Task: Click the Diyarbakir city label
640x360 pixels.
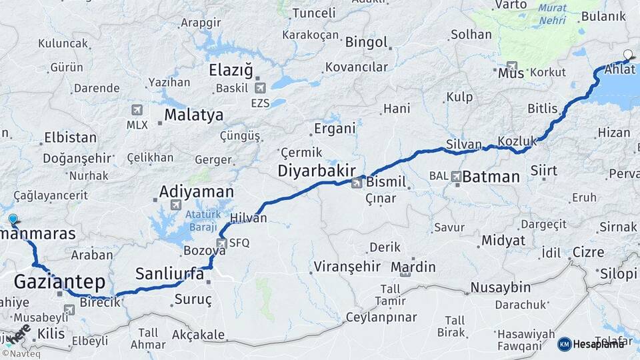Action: (x=316, y=171)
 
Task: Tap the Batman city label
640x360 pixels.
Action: (x=491, y=177)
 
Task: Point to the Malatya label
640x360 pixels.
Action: (x=193, y=115)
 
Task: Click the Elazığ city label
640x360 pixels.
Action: (x=231, y=70)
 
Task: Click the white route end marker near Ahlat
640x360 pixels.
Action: (x=627, y=55)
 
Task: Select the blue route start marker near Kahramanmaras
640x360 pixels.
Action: (x=13, y=219)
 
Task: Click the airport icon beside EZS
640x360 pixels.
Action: (x=260, y=87)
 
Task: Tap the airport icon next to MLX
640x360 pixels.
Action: (x=137, y=109)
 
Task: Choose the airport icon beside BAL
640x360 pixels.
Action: (x=456, y=177)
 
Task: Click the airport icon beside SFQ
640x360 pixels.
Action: (x=222, y=243)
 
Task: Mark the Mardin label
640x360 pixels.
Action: (x=413, y=267)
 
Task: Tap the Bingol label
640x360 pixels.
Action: (x=366, y=42)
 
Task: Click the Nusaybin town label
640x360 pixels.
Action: (x=500, y=287)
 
